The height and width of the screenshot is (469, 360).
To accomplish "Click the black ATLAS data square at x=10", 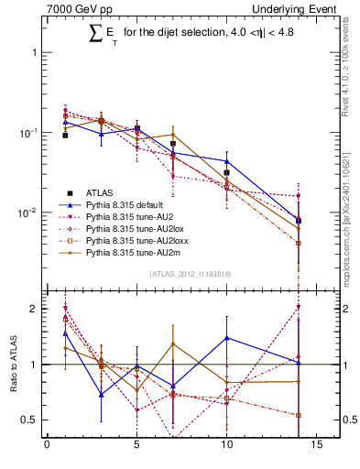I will pos(226,172).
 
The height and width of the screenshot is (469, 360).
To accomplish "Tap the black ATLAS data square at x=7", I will pos(172,144).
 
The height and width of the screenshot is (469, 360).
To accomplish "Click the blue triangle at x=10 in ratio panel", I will pos(226,338).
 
